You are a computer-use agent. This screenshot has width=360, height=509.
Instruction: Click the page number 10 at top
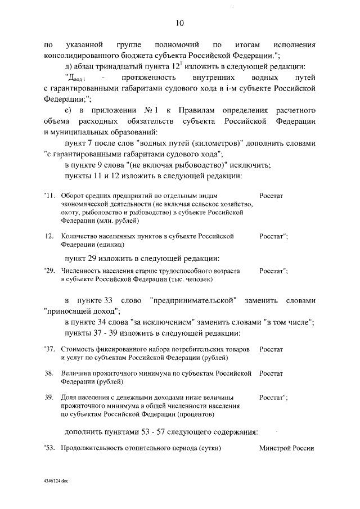pos(179,23)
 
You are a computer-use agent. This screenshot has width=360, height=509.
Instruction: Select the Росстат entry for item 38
pos(271,373)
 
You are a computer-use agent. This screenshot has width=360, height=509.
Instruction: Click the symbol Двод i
pos(76,77)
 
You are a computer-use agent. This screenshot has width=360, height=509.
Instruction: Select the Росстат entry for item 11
pos(271,195)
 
